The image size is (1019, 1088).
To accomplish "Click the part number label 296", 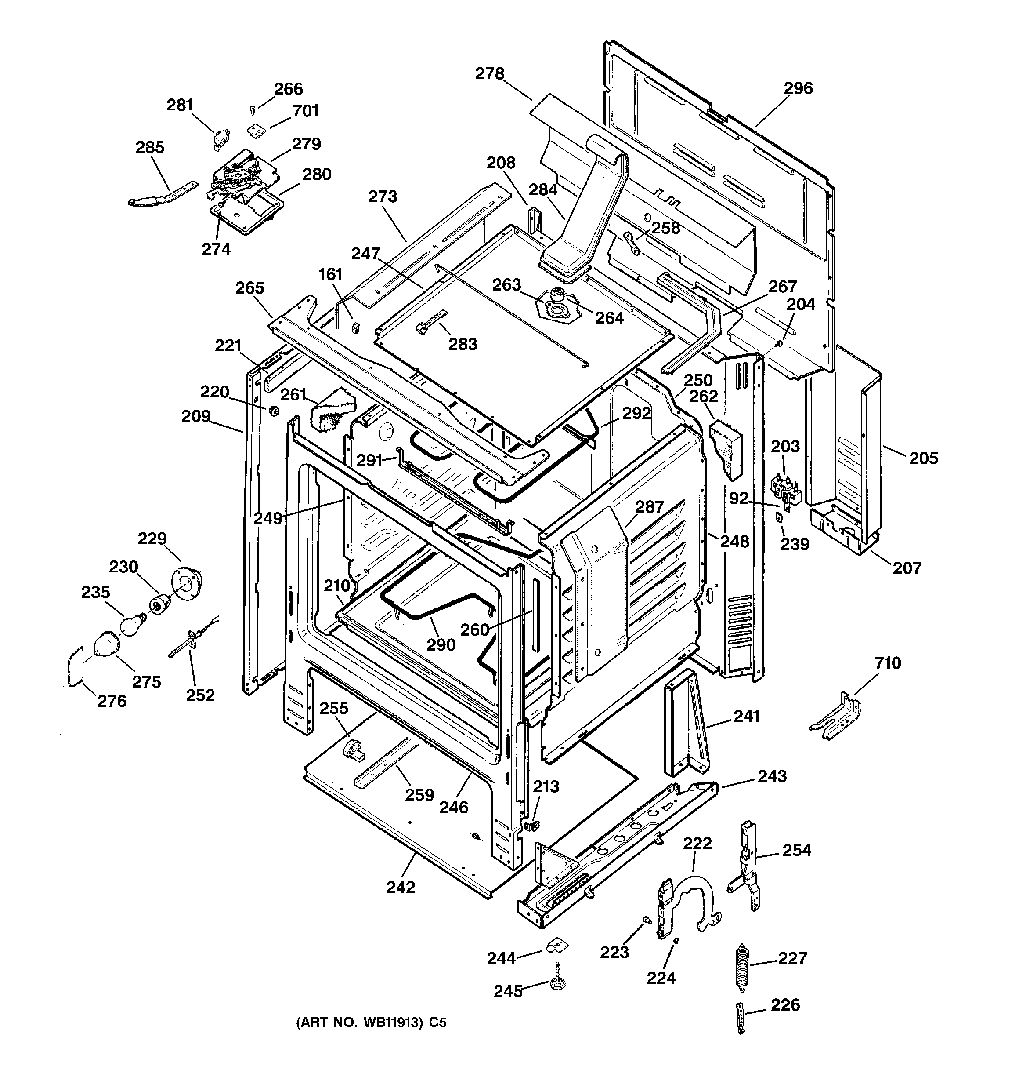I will click(798, 88).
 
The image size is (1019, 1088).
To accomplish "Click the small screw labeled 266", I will click(253, 111).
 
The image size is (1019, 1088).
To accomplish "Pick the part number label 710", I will click(887, 663).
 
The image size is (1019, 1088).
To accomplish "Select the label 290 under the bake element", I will click(441, 645).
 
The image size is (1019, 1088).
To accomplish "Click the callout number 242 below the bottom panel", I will click(401, 887).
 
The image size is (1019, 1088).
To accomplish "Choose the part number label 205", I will click(923, 458).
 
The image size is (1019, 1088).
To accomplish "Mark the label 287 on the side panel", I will click(649, 507).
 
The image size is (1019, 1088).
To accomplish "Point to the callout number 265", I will click(249, 288).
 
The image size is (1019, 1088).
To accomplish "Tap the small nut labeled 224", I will click(676, 940).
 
